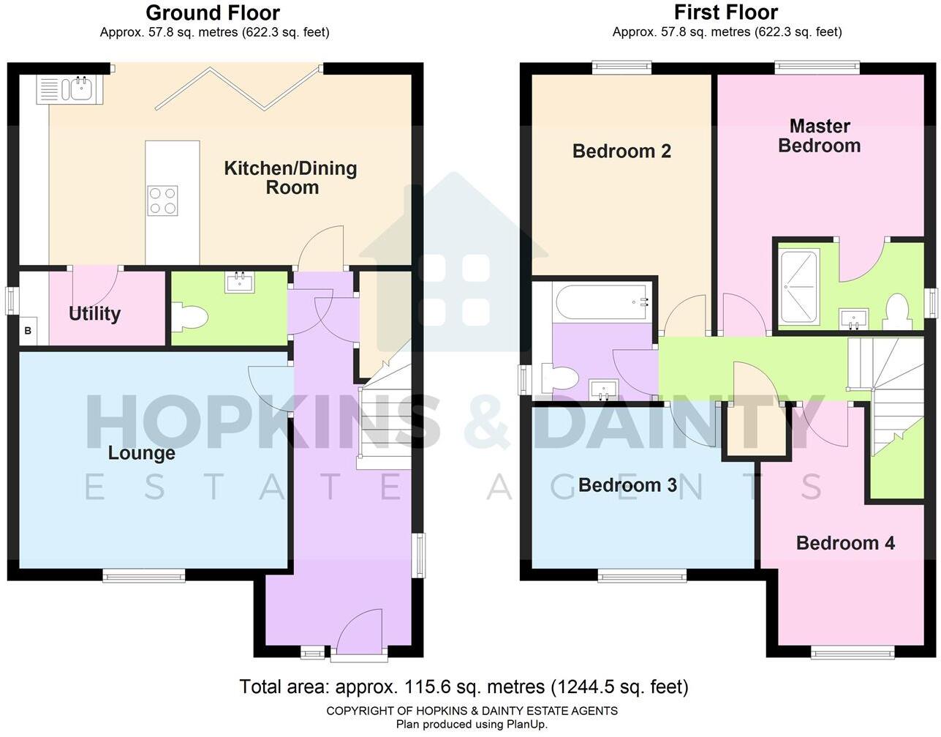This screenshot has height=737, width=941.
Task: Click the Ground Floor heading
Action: pyautogui.click(x=213, y=12)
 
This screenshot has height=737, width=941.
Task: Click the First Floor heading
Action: pyautogui.click(x=725, y=12)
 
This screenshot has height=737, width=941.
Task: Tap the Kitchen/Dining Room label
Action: pyautogui.click(x=290, y=178)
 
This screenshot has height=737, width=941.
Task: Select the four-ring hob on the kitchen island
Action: pyautogui.click(x=162, y=201)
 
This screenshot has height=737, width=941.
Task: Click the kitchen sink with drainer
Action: pyautogui.click(x=70, y=90)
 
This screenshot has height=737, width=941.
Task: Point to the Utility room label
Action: pyautogui.click(x=94, y=314)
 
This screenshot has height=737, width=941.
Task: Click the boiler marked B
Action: pyautogui.click(x=29, y=331)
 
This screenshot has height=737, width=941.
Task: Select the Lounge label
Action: pyautogui.click(x=141, y=453)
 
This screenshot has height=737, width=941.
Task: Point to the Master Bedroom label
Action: pyautogui.click(x=819, y=136)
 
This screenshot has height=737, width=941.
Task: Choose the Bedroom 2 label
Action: pyautogui.click(x=621, y=151)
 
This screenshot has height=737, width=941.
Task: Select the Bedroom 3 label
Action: pyautogui.click(x=627, y=485)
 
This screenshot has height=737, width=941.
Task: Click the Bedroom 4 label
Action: pyautogui.click(x=845, y=543)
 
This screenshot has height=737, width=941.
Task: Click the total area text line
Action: pyautogui.click(x=464, y=687)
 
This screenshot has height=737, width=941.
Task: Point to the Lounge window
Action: pyautogui.click(x=144, y=576)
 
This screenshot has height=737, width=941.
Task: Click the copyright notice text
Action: pyautogui.click(x=472, y=711)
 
